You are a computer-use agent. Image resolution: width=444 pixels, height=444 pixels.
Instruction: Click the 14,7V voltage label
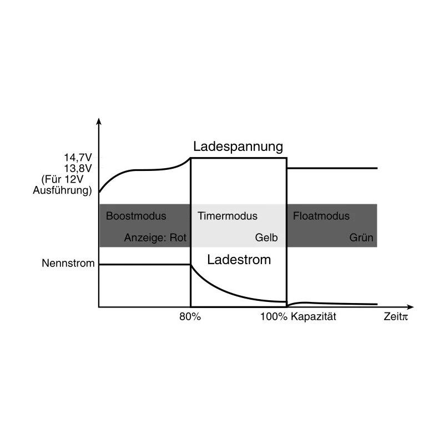(x=78, y=158)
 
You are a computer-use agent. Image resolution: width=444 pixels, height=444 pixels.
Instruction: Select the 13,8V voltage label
(x=78, y=169)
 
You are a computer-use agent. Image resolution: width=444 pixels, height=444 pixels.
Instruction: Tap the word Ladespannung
(x=238, y=147)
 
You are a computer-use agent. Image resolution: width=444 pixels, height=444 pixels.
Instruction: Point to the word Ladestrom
(x=239, y=260)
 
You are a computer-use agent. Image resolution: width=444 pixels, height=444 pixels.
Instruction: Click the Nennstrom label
(x=68, y=263)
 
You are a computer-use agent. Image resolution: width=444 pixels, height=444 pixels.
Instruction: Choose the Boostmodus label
(x=136, y=216)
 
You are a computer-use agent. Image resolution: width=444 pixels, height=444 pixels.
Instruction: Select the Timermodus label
(x=228, y=216)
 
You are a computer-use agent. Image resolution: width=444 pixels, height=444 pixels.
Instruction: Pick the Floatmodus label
(x=321, y=216)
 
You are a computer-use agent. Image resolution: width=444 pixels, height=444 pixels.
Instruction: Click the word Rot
(x=178, y=238)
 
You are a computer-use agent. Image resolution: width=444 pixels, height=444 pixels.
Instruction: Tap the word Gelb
(x=266, y=238)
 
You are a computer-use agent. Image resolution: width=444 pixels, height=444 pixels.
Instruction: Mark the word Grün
(x=361, y=238)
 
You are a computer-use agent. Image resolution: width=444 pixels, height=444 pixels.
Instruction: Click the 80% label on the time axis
(x=190, y=316)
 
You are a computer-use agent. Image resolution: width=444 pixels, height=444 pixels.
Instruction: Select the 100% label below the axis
(x=274, y=316)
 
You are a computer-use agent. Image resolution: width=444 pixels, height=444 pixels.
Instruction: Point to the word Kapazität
(x=314, y=316)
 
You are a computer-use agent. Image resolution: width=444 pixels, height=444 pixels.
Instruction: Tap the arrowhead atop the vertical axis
(x=99, y=121)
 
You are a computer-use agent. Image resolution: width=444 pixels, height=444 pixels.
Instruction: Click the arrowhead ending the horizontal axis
(x=410, y=307)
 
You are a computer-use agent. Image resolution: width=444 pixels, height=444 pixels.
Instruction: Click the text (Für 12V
(x=62, y=179)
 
